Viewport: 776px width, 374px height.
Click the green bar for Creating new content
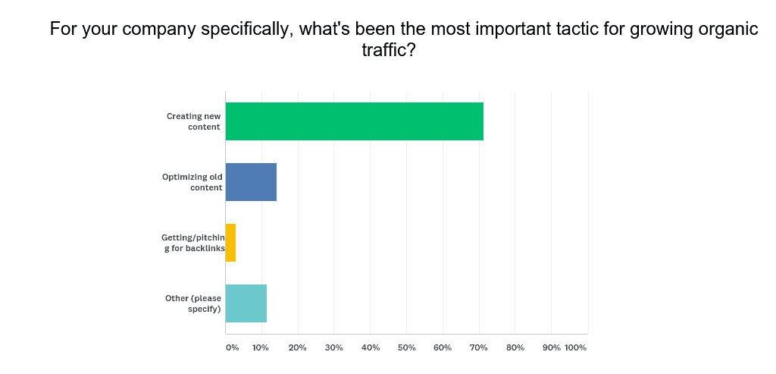coord(354,121)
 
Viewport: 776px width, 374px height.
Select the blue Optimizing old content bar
coord(251,182)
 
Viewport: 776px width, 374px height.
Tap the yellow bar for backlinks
coord(230,243)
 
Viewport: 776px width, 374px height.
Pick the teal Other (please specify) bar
coord(246,303)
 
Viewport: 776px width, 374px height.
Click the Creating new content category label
coord(194,121)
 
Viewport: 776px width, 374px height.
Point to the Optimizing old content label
coord(192,182)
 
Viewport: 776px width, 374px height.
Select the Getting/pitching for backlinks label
coord(193,243)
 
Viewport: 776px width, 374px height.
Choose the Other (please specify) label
coord(193,303)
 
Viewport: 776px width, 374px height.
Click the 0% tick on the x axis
coord(232,347)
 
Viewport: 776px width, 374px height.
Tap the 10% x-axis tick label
coord(261,347)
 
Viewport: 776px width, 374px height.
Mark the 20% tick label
coord(298,347)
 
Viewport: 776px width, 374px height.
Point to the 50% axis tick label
coord(406,347)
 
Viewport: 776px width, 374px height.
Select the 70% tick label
coord(479,347)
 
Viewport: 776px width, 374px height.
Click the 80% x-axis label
coord(515,347)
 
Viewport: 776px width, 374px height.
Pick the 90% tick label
coord(551,347)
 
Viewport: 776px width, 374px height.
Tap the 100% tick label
coord(576,347)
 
